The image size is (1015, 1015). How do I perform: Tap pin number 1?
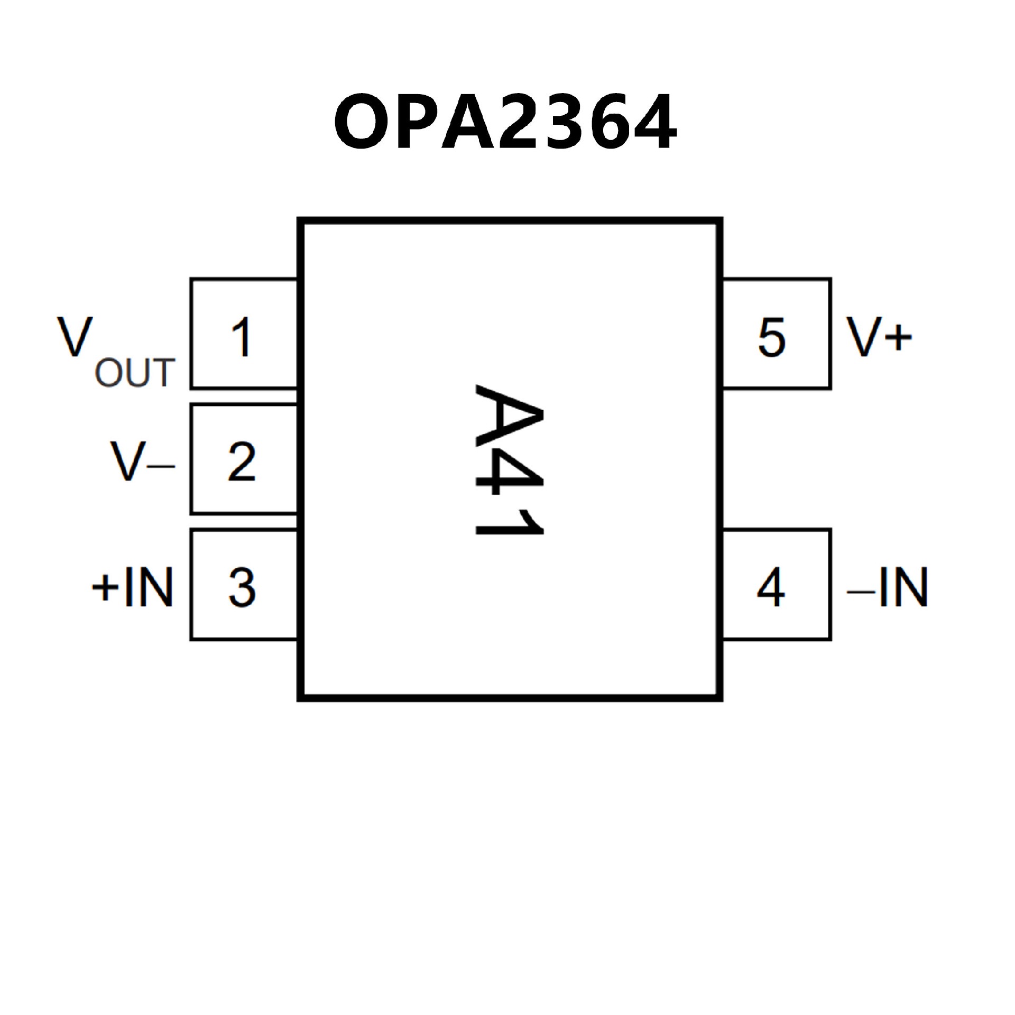coord(242,337)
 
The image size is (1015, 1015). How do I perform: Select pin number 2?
coord(242,462)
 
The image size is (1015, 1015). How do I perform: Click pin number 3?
coord(242,587)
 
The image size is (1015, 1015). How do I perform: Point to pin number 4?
coord(771,587)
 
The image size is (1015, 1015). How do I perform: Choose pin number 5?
coord(771,337)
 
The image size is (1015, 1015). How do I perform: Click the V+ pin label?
coord(879,337)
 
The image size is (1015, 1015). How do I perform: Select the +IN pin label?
coord(132,587)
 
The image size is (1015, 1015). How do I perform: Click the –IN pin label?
coord(888,587)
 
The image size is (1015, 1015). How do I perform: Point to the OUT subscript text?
coord(134,373)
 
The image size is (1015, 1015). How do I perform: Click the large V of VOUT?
coord(75,337)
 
